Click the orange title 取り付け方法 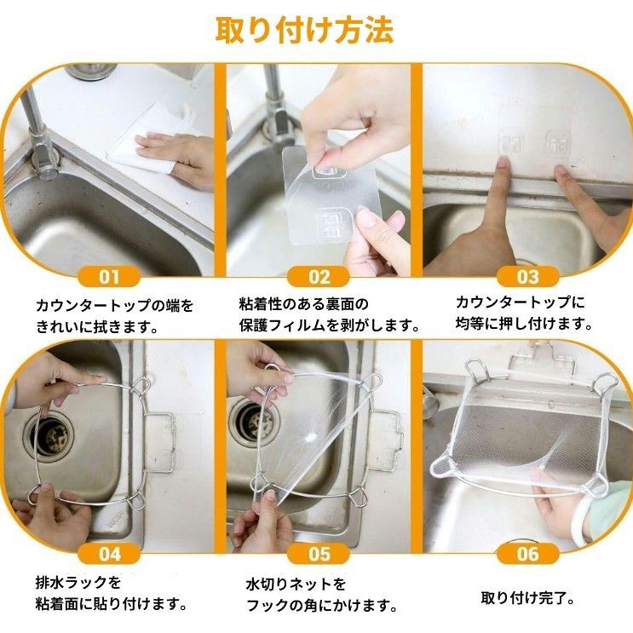[x=304, y=30]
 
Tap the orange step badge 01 [x=109, y=277]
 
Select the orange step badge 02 [x=319, y=277]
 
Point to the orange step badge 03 [x=528, y=277]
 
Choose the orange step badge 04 [x=109, y=554]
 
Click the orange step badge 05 [x=319, y=554]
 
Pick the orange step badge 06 [x=528, y=554]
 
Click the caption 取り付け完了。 [x=528, y=598]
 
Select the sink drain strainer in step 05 [x=251, y=424]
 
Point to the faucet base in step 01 [x=43, y=162]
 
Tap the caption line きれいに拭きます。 [x=97, y=326]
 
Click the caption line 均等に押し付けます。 [x=525, y=324]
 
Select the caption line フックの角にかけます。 [x=322, y=606]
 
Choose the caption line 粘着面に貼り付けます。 [x=112, y=604]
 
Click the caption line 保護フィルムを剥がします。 [x=330, y=325]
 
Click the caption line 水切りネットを [x=296, y=584]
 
